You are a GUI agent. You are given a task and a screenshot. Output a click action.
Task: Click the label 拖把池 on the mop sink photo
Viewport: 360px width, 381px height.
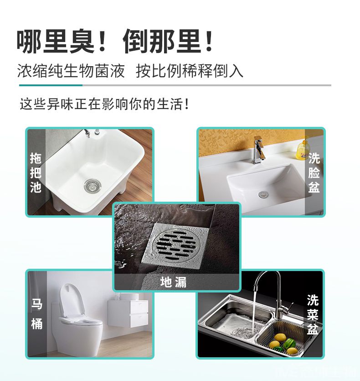pyautogui.click(x=36, y=173)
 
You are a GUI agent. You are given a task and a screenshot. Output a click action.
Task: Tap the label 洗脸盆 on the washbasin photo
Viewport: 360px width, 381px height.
pyautogui.click(x=314, y=173)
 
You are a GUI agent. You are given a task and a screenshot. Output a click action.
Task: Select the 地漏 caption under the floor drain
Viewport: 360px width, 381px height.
pyautogui.click(x=173, y=282)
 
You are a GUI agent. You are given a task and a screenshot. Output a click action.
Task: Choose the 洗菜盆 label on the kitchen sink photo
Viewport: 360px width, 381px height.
pyautogui.click(x=313, y=315)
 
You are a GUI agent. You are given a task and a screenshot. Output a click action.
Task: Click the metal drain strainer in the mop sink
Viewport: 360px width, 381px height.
pyautogui.click(x=93, y=186)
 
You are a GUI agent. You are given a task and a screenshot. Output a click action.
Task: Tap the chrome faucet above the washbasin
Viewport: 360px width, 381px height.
pyautogui.click(x=258, y=150)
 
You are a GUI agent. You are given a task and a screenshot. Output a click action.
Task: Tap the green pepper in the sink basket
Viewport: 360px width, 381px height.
pyautogui.click(x=289, y=344)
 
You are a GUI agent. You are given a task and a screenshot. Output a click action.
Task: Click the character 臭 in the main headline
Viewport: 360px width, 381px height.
pyautogui.click(x=82, y=42)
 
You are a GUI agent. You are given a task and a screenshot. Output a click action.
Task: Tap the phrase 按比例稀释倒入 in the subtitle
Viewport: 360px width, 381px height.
pyautogui.click(x=190, y=71)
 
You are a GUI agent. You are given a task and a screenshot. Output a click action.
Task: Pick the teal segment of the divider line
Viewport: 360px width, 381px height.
pyautogui.click(x=51, y=85)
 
